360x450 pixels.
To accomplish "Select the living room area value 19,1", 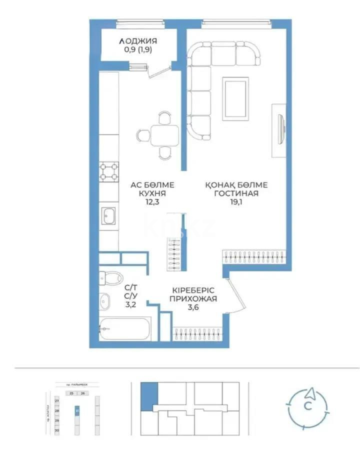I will pos(235,202).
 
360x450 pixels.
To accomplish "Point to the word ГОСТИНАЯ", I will pos(236,193).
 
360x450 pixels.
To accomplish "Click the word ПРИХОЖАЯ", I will pos(194,299).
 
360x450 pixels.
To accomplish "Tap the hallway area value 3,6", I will pos(194,307).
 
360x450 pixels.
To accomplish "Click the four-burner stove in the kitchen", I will pos(109,172).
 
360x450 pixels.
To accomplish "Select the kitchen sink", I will pos(108,216).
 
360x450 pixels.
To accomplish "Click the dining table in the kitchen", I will pos(164,135).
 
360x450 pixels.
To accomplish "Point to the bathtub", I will pos(124,328).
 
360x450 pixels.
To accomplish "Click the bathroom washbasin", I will pos(105,301).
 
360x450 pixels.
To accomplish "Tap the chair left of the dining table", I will pos(141,135).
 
